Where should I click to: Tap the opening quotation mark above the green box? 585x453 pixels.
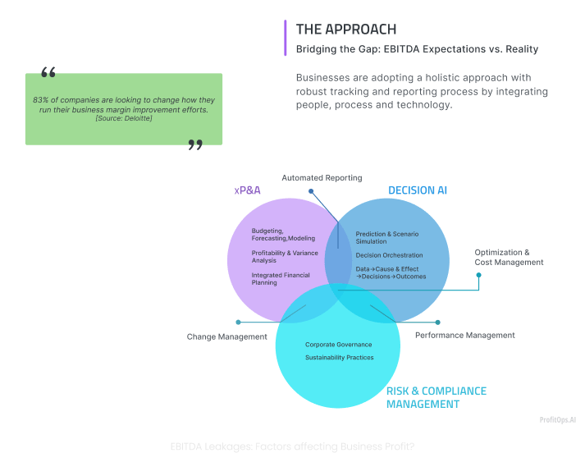[x=48, y=72]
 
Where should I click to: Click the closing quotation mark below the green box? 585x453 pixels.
[x=195, y=145]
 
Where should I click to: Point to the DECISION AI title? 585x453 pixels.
[x=417, y=190]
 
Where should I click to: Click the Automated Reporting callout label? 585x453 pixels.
[x=322, y=178]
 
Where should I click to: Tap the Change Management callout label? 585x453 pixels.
[x=227, y=336]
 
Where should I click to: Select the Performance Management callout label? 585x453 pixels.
[x=465, y=335]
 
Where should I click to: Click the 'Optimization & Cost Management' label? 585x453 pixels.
[x=509, y=258]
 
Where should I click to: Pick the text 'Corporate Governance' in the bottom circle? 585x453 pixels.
[x=338, y=345]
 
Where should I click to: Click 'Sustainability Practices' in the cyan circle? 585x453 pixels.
[x=339, y=358]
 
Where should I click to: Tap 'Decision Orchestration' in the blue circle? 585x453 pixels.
[x=389, y=255]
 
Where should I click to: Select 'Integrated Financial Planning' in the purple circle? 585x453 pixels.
[x=281, y=279]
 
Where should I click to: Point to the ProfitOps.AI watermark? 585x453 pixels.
[x=557, y=419]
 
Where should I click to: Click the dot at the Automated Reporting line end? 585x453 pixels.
[x=310, y=192]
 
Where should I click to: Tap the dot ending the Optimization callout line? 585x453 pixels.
[x=479, y=275]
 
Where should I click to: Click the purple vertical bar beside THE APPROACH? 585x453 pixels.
[x=286, y=38]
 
